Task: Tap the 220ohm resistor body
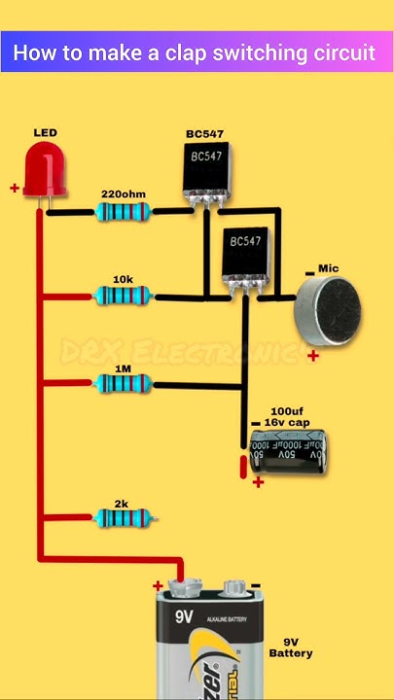[x=124, y=211]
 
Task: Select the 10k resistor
[x=124, y=297]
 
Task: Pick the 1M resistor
[x=124, y=384]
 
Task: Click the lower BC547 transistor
[x=243, y=256]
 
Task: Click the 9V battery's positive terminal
[x=182, y=587]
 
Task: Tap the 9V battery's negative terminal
[x=234, y=587]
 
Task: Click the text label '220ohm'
[x=124, y=193]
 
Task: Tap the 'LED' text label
[x=45, y=132]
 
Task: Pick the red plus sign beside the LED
[x=15, y=189]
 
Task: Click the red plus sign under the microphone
[x=313, y=357]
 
